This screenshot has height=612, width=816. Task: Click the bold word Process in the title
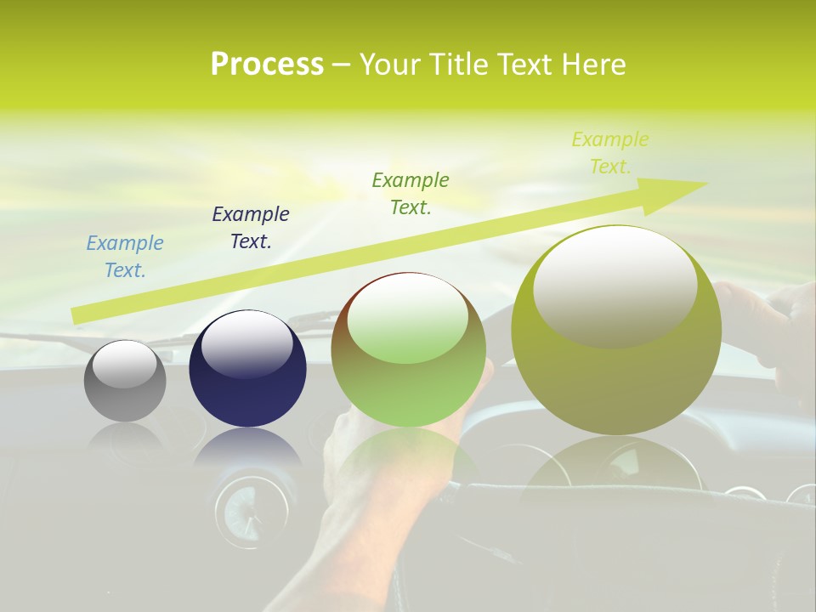coord(267,65)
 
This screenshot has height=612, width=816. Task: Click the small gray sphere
coord(125,381)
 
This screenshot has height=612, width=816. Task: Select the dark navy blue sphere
coord(247,368)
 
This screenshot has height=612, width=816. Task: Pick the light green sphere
coord(409,350)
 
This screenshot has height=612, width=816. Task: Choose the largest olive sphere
coord(616,330)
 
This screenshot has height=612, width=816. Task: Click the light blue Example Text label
coord(125,257)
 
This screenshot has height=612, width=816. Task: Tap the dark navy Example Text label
coord(251,228)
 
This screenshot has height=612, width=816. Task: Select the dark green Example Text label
coord(411,194)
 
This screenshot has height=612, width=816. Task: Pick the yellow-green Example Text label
coord(610,153)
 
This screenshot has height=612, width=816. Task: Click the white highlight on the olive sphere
coord(615,286)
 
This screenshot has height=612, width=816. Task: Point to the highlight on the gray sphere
coord(124,364)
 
